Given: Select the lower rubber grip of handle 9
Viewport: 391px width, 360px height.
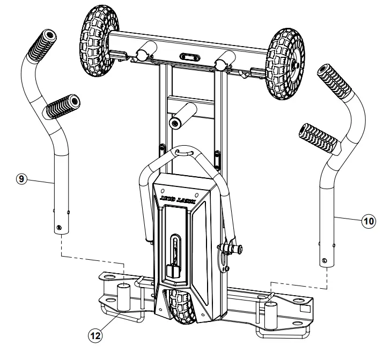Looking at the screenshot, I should click(61, 107).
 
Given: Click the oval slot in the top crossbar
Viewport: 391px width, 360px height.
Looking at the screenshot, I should click(189, 56).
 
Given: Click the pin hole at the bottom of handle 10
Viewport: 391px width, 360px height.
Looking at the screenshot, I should click(324, 261).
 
